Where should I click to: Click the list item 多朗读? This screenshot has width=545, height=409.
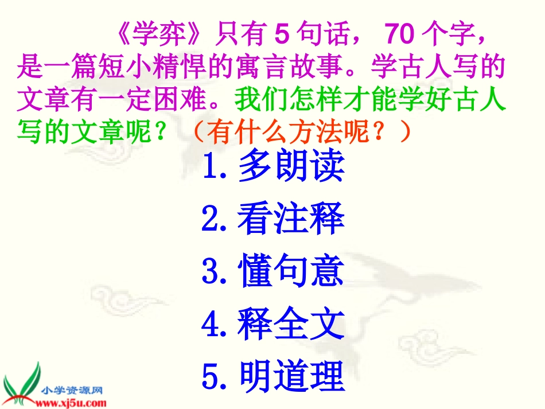[290, 166]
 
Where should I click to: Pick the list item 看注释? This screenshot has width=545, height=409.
[290, 219]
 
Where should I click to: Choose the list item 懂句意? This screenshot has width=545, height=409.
[290, 272]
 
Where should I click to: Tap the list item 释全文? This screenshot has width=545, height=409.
[290, 324]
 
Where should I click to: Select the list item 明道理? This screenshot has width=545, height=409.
[290, 377]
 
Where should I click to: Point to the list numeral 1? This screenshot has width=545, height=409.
[211, 166]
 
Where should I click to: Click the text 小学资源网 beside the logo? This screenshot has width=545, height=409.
[72, 390]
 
